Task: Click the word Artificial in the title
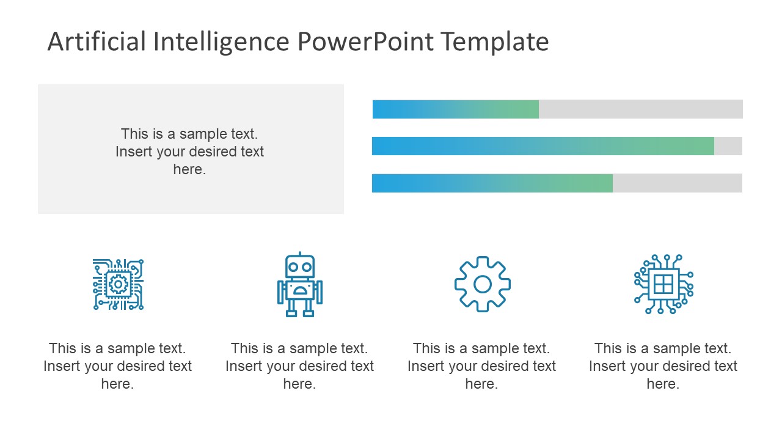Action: point(97,42)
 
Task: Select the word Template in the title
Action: point(494,42)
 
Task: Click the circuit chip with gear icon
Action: point(118,284)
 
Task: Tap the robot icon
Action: point(299,285)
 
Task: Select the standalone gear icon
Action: point(482,284)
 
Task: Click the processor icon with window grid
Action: point(663,284)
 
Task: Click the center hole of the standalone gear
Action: point(482,284)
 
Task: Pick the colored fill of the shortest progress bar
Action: point(455,109)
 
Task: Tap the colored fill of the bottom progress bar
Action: point(492,183)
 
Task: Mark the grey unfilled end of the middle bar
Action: point(728,146)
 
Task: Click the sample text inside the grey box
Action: point(189,152)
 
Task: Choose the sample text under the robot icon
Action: point(299,366)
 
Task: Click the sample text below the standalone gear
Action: point(481,366)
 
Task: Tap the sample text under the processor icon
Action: point(663,366)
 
